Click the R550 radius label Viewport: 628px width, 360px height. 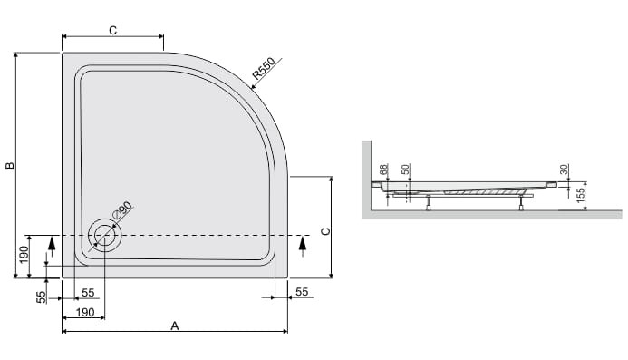(x=264, y=68)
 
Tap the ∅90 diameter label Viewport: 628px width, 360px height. (x=122, y=211)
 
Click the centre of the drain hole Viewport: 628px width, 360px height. (x=104, y=235)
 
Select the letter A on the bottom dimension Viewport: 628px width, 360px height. (x=175, y=326)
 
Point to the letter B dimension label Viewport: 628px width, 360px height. (x=10, y=165)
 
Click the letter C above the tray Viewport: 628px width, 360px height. (x=113, y=31)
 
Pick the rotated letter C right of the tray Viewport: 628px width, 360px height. (x=326, y=231)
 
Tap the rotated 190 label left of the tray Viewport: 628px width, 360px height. (x=24, y=255)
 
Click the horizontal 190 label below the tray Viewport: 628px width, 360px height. (x=85, y=312)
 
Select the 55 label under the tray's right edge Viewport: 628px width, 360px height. (x=302, y=292)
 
